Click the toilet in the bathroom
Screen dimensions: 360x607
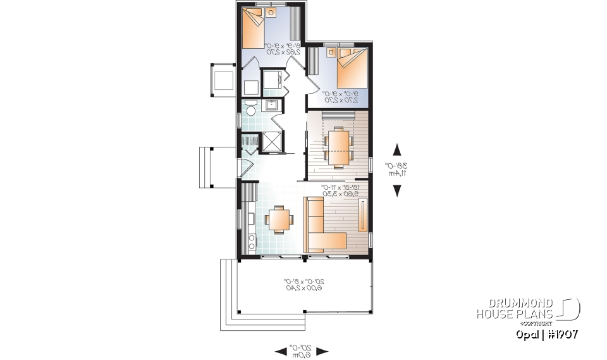(250, 112)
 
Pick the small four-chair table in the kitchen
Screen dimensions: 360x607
(279, 220)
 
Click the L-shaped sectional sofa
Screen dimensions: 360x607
(322, 227)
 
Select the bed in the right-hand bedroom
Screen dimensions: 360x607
(352, 69)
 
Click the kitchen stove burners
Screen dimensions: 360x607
(251, 241)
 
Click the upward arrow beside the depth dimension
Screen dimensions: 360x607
(397, 149)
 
